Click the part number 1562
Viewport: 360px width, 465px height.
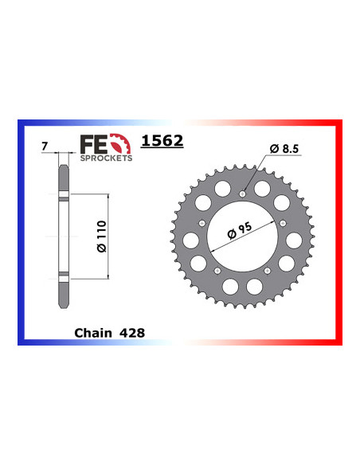click(x=162, y=142)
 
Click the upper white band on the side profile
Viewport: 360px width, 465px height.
click(x=63, y=196)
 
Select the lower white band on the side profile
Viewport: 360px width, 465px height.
click(x=63, y=275)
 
